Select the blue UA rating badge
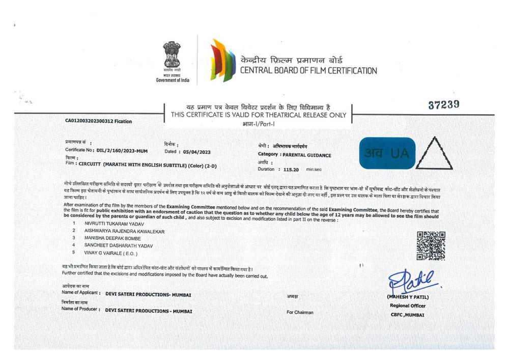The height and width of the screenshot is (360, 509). [387, 152]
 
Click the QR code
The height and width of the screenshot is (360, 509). [431, 245]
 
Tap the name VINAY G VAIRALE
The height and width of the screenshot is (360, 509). [109, 253]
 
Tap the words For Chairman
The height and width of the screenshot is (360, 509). [300, 312]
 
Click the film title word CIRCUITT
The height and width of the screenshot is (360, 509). [90, 164]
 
